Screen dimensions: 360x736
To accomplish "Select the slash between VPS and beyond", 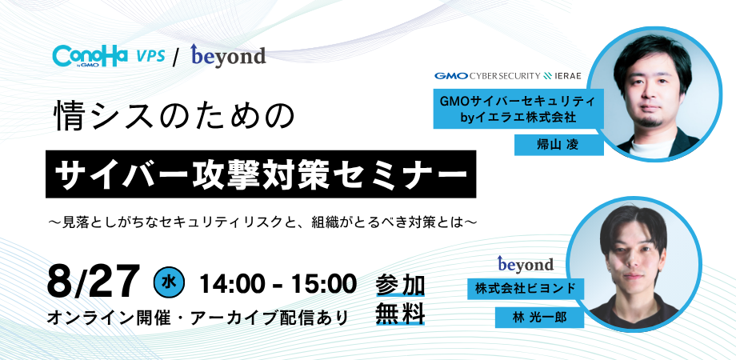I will coord(175,56).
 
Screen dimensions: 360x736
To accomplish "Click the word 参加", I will coord(399,284).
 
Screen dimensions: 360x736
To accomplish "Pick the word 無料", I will coord(399,314).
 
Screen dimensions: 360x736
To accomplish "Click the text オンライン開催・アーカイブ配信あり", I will coord(198,318).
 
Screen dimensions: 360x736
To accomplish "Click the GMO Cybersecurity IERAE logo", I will coord(507,76).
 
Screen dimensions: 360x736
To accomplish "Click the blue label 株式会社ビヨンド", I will coord(525,288).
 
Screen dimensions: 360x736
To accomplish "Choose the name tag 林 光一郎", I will coord(538,318).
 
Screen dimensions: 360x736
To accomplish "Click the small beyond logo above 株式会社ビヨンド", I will coord(525,263).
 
